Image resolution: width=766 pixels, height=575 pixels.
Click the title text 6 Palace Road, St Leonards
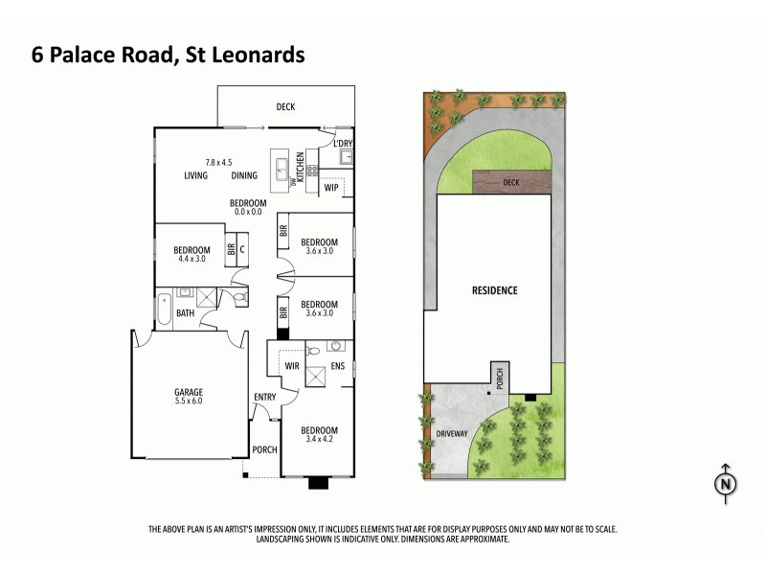tap(169, 55)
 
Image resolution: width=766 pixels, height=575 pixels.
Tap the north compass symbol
tap(726, 485)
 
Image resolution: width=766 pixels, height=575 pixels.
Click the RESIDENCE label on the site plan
tap(494, 290)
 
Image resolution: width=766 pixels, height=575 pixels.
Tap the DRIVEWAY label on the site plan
tap(453, 433)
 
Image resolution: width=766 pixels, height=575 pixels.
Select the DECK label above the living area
tap(285, 106)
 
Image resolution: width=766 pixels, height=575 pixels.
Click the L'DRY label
tap(344, 144)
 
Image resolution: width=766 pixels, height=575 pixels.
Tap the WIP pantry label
tap(332, 188)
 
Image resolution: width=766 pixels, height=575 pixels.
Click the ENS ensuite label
tap(337, 365)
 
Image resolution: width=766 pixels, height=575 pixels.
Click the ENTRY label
tap(264, 397)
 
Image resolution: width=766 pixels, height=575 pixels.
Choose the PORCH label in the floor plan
tap(263, 449)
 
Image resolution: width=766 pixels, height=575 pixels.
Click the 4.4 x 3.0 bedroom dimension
tap(191, 258)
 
